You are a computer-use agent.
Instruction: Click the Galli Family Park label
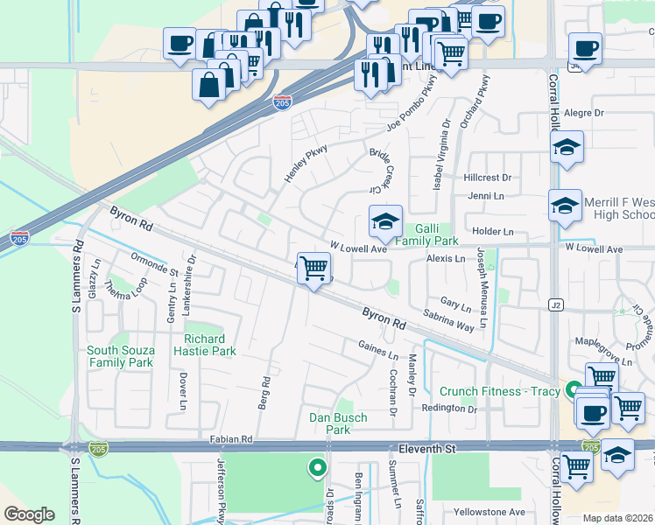[426, 234]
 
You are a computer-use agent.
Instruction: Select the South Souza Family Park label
[121, 356]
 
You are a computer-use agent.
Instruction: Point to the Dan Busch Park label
[338, 423]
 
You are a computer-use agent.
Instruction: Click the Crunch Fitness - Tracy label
[499, 391]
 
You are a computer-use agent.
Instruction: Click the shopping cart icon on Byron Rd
[313, 267]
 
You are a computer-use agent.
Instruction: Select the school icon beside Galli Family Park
[385, 222]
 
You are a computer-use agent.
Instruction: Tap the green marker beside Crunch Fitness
[574, 390]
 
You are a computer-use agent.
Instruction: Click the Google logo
[29, 514]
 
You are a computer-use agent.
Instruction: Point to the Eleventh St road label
[426, 448]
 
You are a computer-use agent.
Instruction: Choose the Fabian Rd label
[230, 438]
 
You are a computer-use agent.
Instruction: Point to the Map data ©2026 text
[618, 518]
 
